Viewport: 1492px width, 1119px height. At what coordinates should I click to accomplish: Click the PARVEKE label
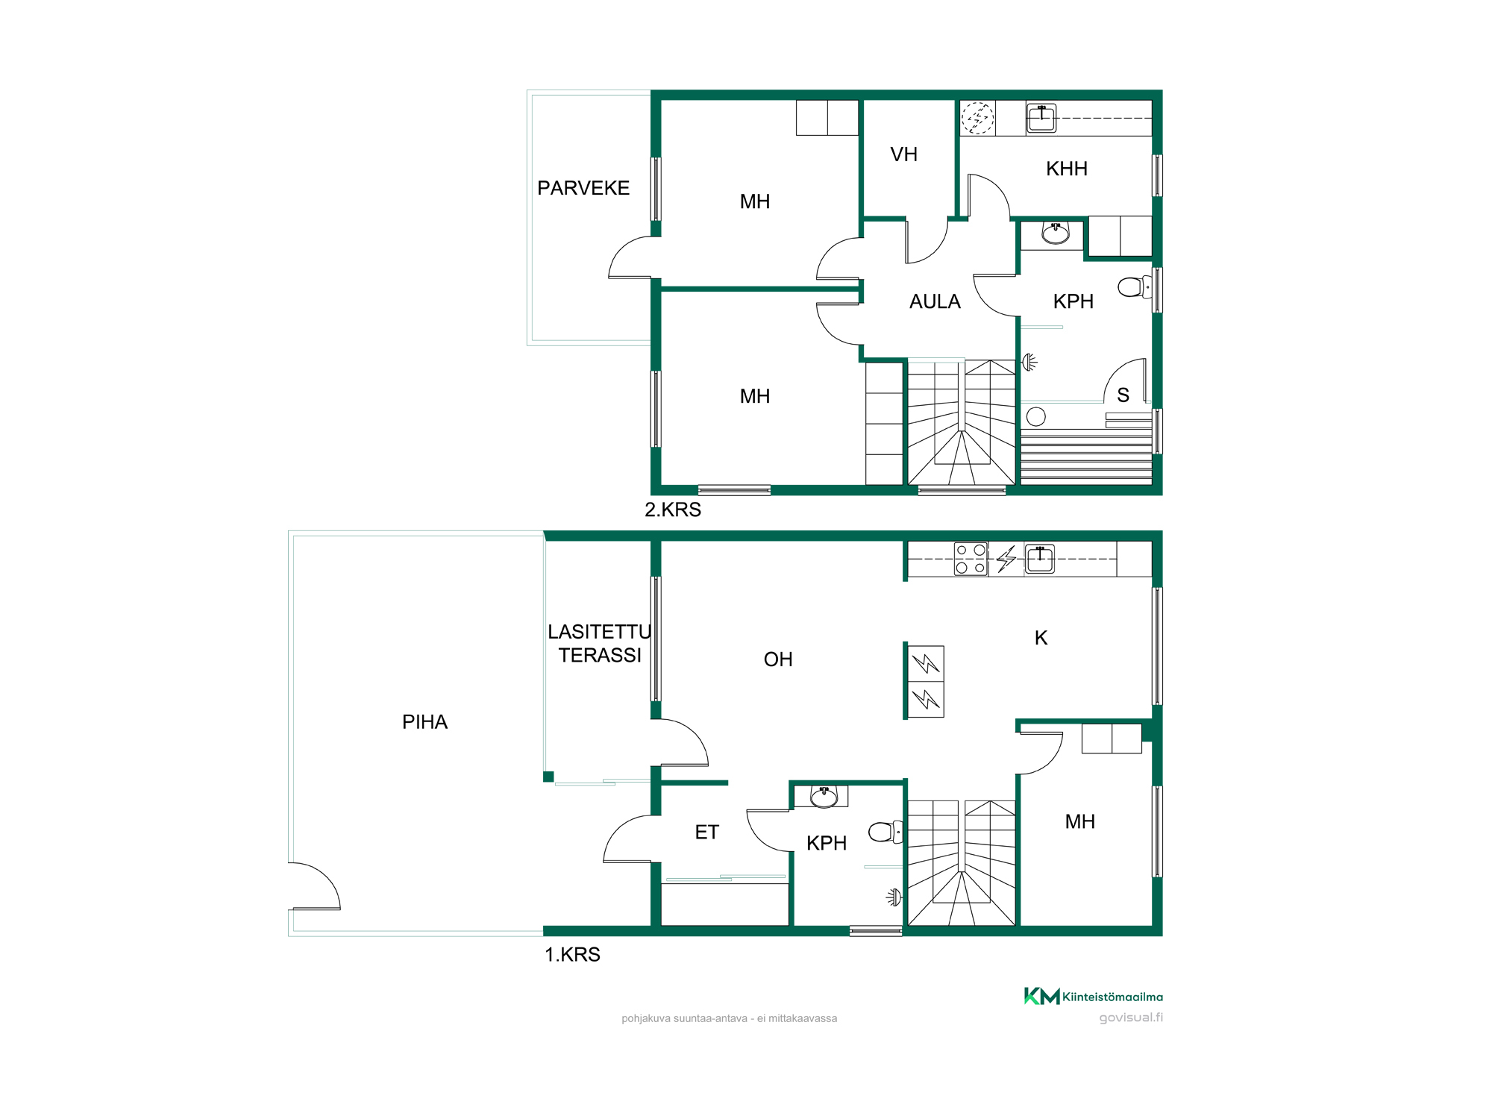[x=583, y=188]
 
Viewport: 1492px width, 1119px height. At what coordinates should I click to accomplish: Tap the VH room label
[x=903, y=154]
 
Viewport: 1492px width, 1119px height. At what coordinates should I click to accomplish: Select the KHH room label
[x=1067, y=169]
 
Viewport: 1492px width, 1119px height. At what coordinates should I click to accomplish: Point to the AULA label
[x=935, y=301]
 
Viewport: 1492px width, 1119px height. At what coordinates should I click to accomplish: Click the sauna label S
[x=1123, y=395]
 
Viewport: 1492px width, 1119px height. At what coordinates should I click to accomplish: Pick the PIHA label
[x=424, y=722]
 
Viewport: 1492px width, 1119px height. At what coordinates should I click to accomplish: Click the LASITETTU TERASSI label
[x=600, y=643]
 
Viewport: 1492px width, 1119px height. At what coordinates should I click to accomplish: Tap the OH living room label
[x=778, y=659]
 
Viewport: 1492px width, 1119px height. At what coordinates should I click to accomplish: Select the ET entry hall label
[x=706, y=832]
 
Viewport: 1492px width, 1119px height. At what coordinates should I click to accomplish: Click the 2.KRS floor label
[x=673, y=510]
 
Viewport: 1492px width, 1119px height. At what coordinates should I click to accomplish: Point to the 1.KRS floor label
[x=572, y=954]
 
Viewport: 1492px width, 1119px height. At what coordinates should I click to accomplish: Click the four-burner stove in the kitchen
[x=971, y=559]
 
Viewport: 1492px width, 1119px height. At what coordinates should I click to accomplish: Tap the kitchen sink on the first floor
[x=1040, y=559]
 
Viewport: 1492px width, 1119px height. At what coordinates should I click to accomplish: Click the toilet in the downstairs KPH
[x=886, y=832]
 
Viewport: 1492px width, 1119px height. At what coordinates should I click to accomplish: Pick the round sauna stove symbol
[x=1036, y=416]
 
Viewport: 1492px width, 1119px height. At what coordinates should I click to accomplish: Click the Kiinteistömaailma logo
[x=1093, y=997]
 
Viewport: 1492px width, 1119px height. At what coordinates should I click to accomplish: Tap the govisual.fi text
[x=1131, y=1018]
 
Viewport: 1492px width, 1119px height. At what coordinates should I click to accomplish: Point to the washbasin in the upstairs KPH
[x=1056, y=233]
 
